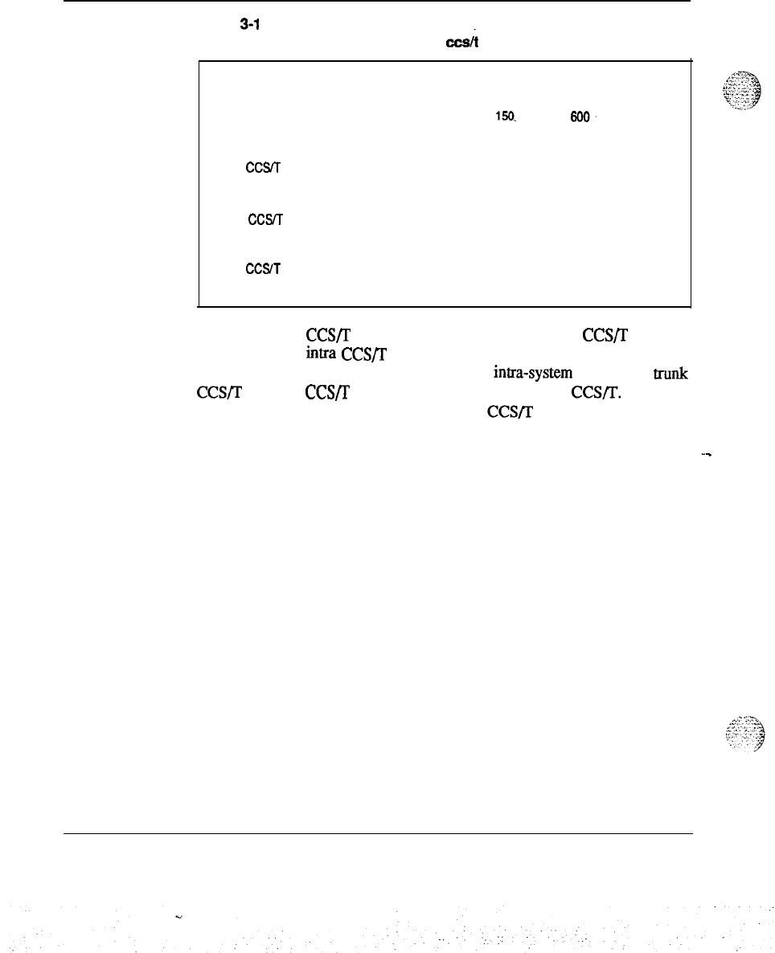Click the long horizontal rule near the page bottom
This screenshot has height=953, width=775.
(378, 833)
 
